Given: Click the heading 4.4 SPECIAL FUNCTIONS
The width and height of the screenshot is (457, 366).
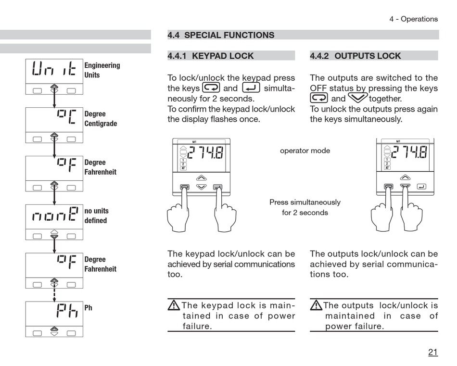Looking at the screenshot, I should click(x=221, y=35).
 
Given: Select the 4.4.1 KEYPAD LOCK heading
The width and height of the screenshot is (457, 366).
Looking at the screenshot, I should click(x=210, y=56).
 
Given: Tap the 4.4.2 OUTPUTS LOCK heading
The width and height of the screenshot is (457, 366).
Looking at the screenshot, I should click(x=355, y=56).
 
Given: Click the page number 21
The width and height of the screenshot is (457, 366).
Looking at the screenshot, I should click(x=433, y=352).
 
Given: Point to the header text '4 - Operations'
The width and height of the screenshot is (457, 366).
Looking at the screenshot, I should click(x=413, y=19).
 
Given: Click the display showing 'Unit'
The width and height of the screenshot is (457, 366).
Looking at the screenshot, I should click(x=54, y=71).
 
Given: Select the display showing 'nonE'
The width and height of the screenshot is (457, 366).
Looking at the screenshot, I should click(x=54, y=216).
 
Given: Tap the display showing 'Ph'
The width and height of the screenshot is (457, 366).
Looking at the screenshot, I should click(x=54, y=313).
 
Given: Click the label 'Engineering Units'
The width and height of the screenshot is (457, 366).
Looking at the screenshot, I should click(x=102, y=70).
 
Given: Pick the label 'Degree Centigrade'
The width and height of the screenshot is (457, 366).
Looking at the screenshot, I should click(x=101, y=119).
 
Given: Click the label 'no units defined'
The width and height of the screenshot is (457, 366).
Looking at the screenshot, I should click(x=96, y=215).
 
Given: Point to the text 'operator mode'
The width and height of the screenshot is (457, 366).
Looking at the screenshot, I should click(x=305, y=151).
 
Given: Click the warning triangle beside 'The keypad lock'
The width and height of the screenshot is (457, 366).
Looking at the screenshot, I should click(x=173, y=305).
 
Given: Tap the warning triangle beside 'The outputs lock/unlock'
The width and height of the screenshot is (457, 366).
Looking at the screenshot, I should click(x=316, y=305).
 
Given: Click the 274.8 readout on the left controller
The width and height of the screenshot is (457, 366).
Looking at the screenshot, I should click(x=205, y=153).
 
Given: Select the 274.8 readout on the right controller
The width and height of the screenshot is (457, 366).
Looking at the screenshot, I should click(x=409, y=153).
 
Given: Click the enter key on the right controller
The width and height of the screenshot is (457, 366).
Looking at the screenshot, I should click(x=421, y=186).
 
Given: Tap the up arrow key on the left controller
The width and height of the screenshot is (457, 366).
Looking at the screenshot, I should click(x=202, y=177).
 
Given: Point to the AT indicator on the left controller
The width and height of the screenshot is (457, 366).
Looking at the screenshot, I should click(x=183, y=168).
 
